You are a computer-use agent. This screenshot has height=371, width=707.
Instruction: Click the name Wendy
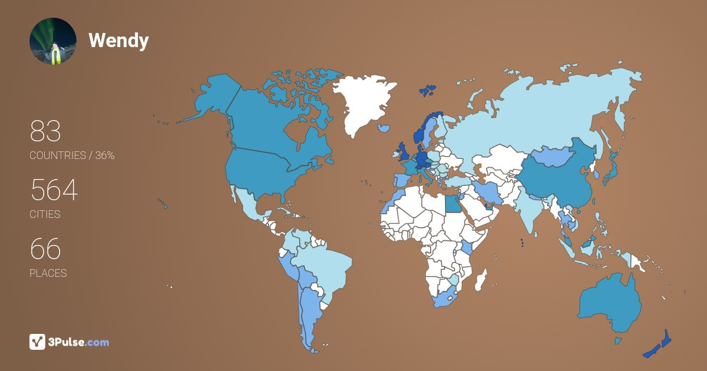coord(118,41)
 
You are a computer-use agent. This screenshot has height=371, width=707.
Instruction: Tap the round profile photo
coord(53,41)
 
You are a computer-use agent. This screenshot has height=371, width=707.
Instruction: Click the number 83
coord(45,132)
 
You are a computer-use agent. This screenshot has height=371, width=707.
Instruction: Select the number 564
coord(54,191)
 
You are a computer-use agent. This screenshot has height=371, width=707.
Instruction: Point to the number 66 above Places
coord(45,250)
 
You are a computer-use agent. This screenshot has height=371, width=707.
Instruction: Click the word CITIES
coord(45,214)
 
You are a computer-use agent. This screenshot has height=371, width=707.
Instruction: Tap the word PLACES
coord(48,273)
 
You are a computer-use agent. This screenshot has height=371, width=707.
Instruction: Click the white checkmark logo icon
coord(38,342)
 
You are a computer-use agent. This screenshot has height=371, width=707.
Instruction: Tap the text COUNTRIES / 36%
coord(72,155)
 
